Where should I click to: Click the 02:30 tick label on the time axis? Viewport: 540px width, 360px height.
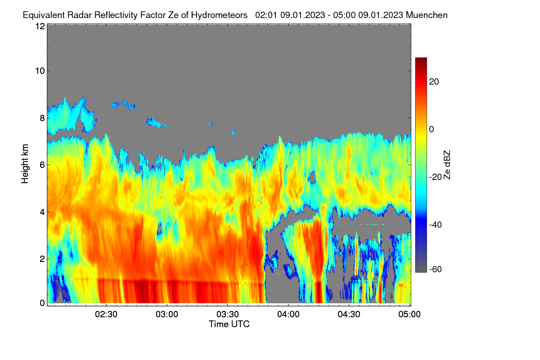pos(106,314)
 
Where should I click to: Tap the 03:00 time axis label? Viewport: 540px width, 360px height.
pos(167,314)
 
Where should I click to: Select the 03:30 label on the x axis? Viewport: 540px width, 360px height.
pos(228,314)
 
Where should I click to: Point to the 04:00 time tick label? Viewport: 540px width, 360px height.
pos(288,314)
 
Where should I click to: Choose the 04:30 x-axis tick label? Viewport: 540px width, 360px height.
pos(349,314)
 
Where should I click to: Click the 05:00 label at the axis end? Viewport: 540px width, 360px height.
pos(409,314)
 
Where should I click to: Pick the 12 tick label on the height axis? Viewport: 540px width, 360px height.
pos(40,26)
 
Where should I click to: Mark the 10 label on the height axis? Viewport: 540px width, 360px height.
pos(40,71)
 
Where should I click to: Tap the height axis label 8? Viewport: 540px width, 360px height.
pos(42,118)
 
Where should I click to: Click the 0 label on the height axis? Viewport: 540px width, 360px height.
pos(42,303)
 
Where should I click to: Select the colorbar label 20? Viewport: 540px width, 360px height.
pos(434,82)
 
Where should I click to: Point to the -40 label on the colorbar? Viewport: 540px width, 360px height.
pos(436,225)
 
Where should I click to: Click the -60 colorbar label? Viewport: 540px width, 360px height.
pos(436,269)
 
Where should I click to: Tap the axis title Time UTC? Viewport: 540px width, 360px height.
pos(229,324)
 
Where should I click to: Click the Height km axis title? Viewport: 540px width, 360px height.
pos(25,164)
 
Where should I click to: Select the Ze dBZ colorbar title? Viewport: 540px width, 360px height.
pos(447,165)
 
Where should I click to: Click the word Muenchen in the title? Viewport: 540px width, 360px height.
pos(427,15)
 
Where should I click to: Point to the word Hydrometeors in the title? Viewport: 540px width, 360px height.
pos(219,15)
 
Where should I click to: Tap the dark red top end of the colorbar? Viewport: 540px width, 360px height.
pos(421,58)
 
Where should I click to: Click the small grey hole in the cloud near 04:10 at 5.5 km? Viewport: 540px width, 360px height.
pos(312,177)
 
